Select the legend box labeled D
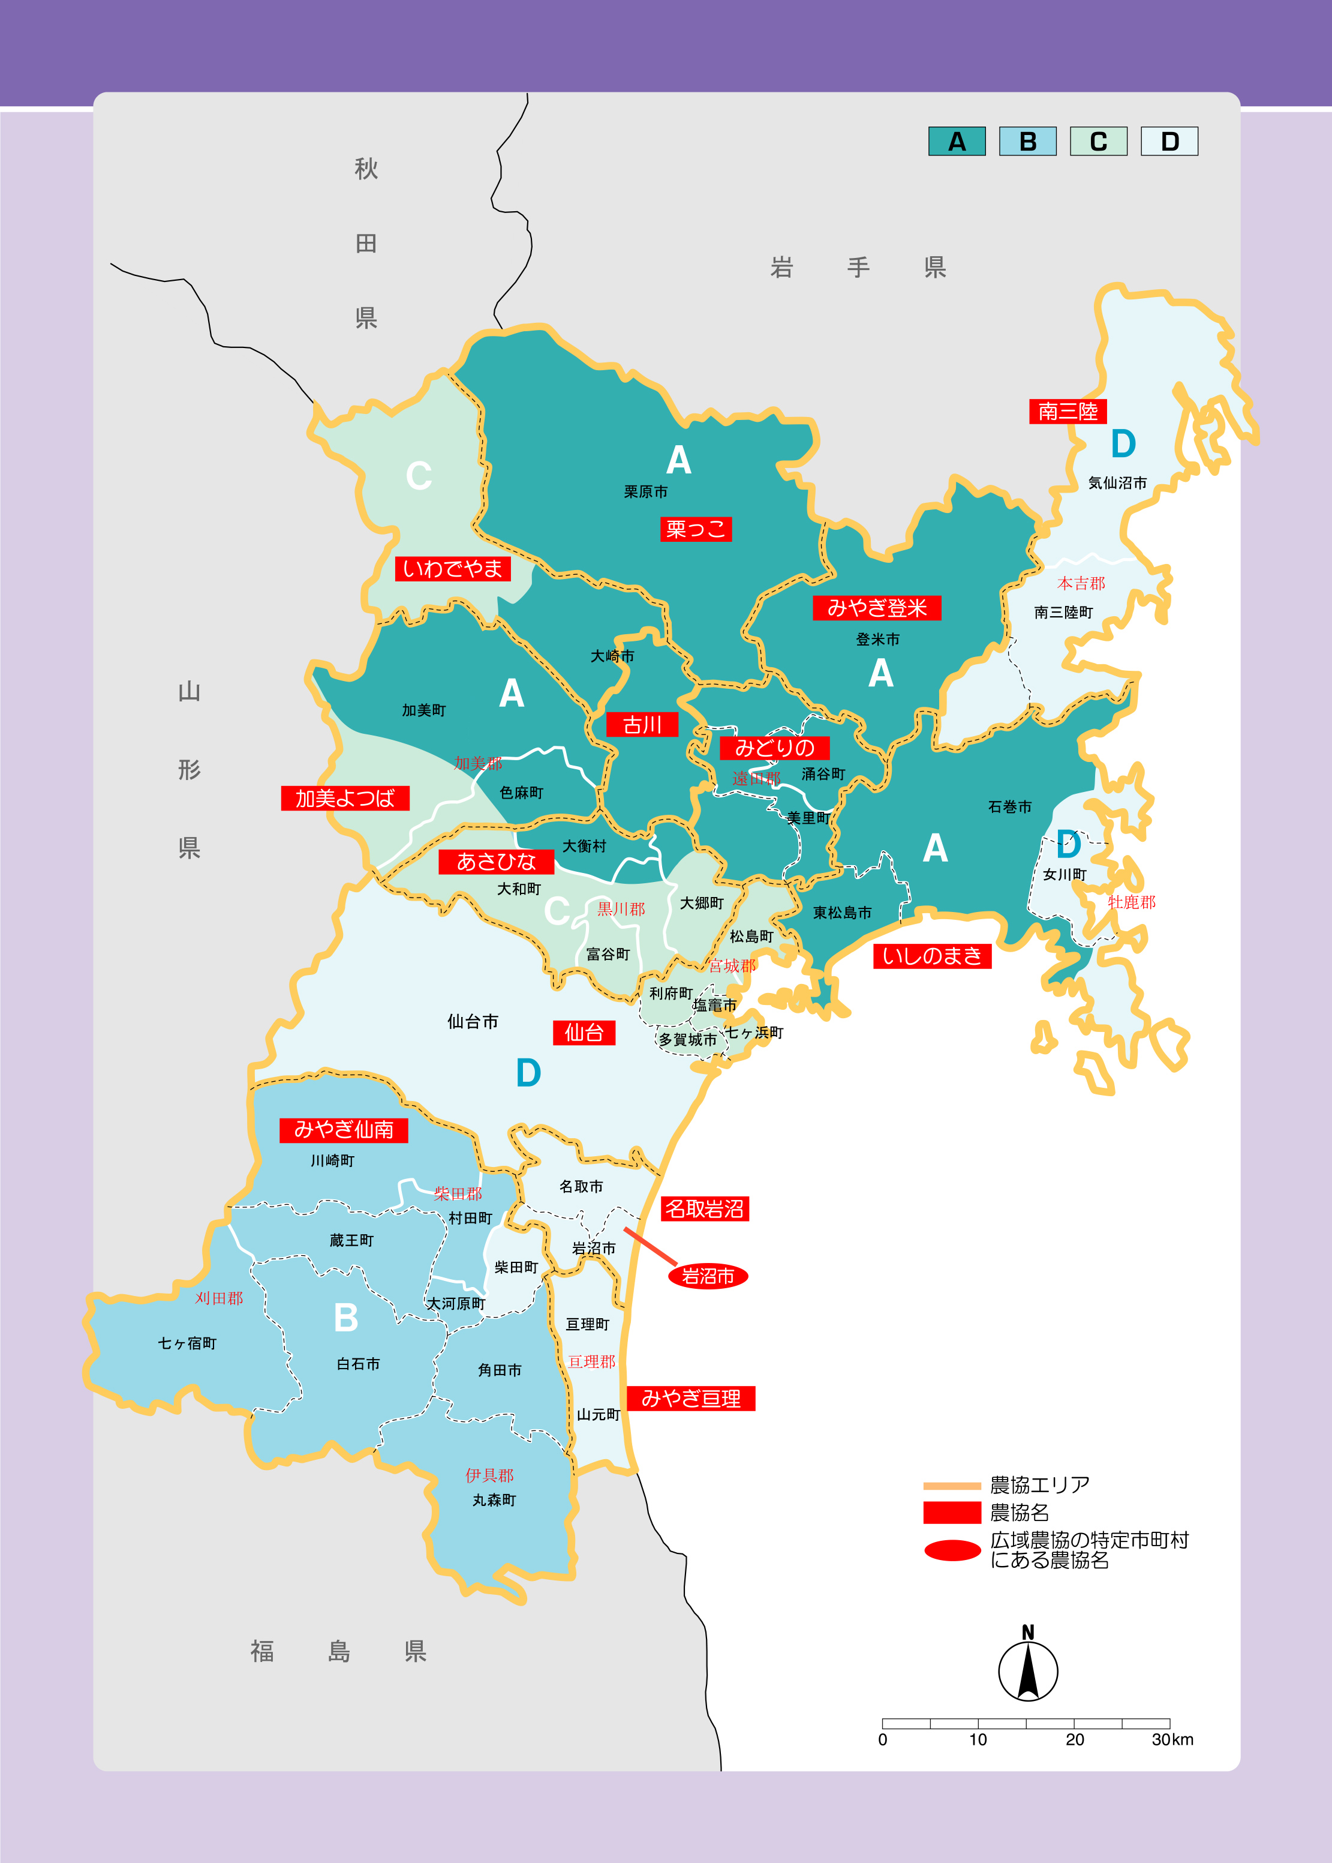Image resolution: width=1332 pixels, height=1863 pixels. coord(1169,141)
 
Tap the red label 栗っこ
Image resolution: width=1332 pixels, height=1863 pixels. coord(696,529)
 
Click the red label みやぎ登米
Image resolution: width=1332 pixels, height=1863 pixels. coord(876,608)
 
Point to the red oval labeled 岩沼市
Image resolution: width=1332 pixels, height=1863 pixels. coord(708,1276)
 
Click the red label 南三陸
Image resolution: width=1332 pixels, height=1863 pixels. coord(1067,411)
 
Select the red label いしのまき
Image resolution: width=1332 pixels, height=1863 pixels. coord(932,956)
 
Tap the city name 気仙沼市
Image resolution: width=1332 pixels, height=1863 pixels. coord(1117,483)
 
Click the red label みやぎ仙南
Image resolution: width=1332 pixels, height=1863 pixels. coord(344,1130)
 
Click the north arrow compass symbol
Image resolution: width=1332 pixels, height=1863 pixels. coord(1028,1669)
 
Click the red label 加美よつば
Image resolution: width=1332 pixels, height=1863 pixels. coord(344,798)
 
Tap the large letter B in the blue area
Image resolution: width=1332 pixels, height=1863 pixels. coord(346,1318)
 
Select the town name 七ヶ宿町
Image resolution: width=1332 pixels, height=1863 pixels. coord(187,1343)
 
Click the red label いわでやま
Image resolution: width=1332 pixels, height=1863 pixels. coord(452,568)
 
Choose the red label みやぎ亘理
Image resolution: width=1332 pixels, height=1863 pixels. coord(691,1398)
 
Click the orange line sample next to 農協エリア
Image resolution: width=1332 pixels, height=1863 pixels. coord(951,1485)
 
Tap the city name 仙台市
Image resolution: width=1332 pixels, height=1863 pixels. coord(473,1021)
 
